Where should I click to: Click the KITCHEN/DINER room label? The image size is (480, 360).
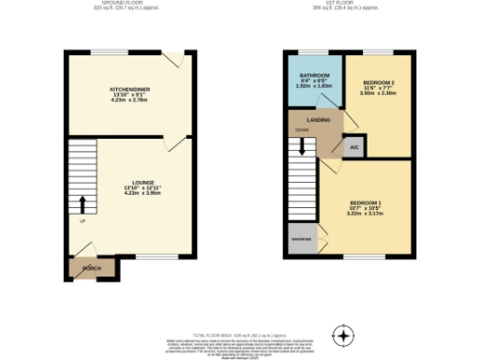(x=129, y=89)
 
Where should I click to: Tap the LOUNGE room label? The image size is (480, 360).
(x=129, y=184)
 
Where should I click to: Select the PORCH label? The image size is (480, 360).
(x=92, y=268)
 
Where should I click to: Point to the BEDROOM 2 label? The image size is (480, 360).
(x=378, y=83)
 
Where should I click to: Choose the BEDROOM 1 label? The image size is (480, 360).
(x=365, y=202)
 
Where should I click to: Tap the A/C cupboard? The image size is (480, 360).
(x=353, y=147)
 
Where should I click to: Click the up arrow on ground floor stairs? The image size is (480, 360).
(x=82, y=203)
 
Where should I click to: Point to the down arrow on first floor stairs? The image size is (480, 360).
(x=302, y=146)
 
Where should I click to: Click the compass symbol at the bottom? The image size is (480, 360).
(x=345, y=335)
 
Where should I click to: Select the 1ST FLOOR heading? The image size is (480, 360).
(x=350, y=4)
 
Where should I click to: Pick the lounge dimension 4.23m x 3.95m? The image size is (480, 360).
(x=129, y=195)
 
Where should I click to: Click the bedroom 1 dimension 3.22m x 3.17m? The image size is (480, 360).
(x=365, y=214)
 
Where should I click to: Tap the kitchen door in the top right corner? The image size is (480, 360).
(x=172, y=60)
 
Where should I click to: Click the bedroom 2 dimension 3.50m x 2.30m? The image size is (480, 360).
(x=378, y=94)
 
